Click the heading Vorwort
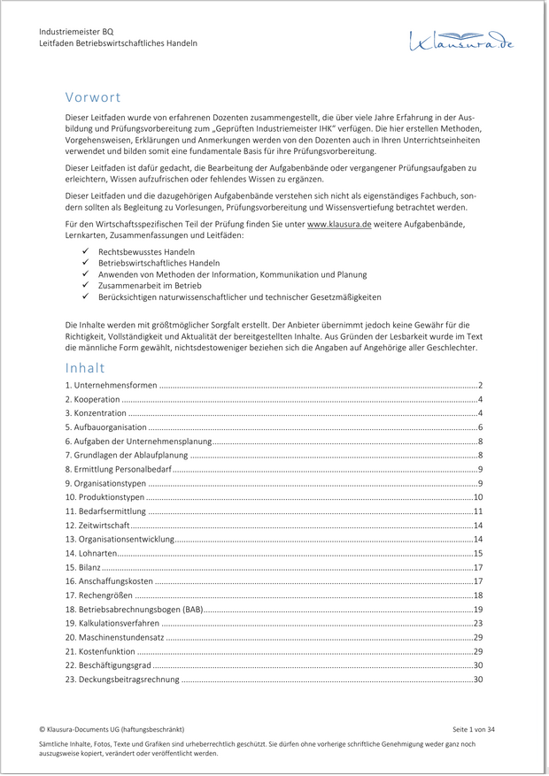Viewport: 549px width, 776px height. click(x=93, y=97)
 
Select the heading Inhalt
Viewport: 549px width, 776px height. click(x=85, y=367)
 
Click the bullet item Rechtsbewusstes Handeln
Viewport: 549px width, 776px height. click(x=134, y=252)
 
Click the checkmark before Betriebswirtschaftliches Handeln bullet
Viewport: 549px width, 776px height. click(x=85, y=264)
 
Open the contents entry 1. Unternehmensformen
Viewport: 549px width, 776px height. click(x=112, y=386)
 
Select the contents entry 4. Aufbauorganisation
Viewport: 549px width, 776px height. click(x=106, y=427)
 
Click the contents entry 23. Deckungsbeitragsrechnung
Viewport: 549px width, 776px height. click(x=122, y=680)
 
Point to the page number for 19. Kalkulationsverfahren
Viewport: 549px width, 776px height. click(x=477, y=624)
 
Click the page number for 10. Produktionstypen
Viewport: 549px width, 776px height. click(x=477, y=497)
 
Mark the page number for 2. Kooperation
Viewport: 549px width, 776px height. click(x=479, y=400)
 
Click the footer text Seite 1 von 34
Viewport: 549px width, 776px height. click(x=473, y=729)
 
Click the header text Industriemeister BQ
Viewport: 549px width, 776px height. click(x=76, y=32)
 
